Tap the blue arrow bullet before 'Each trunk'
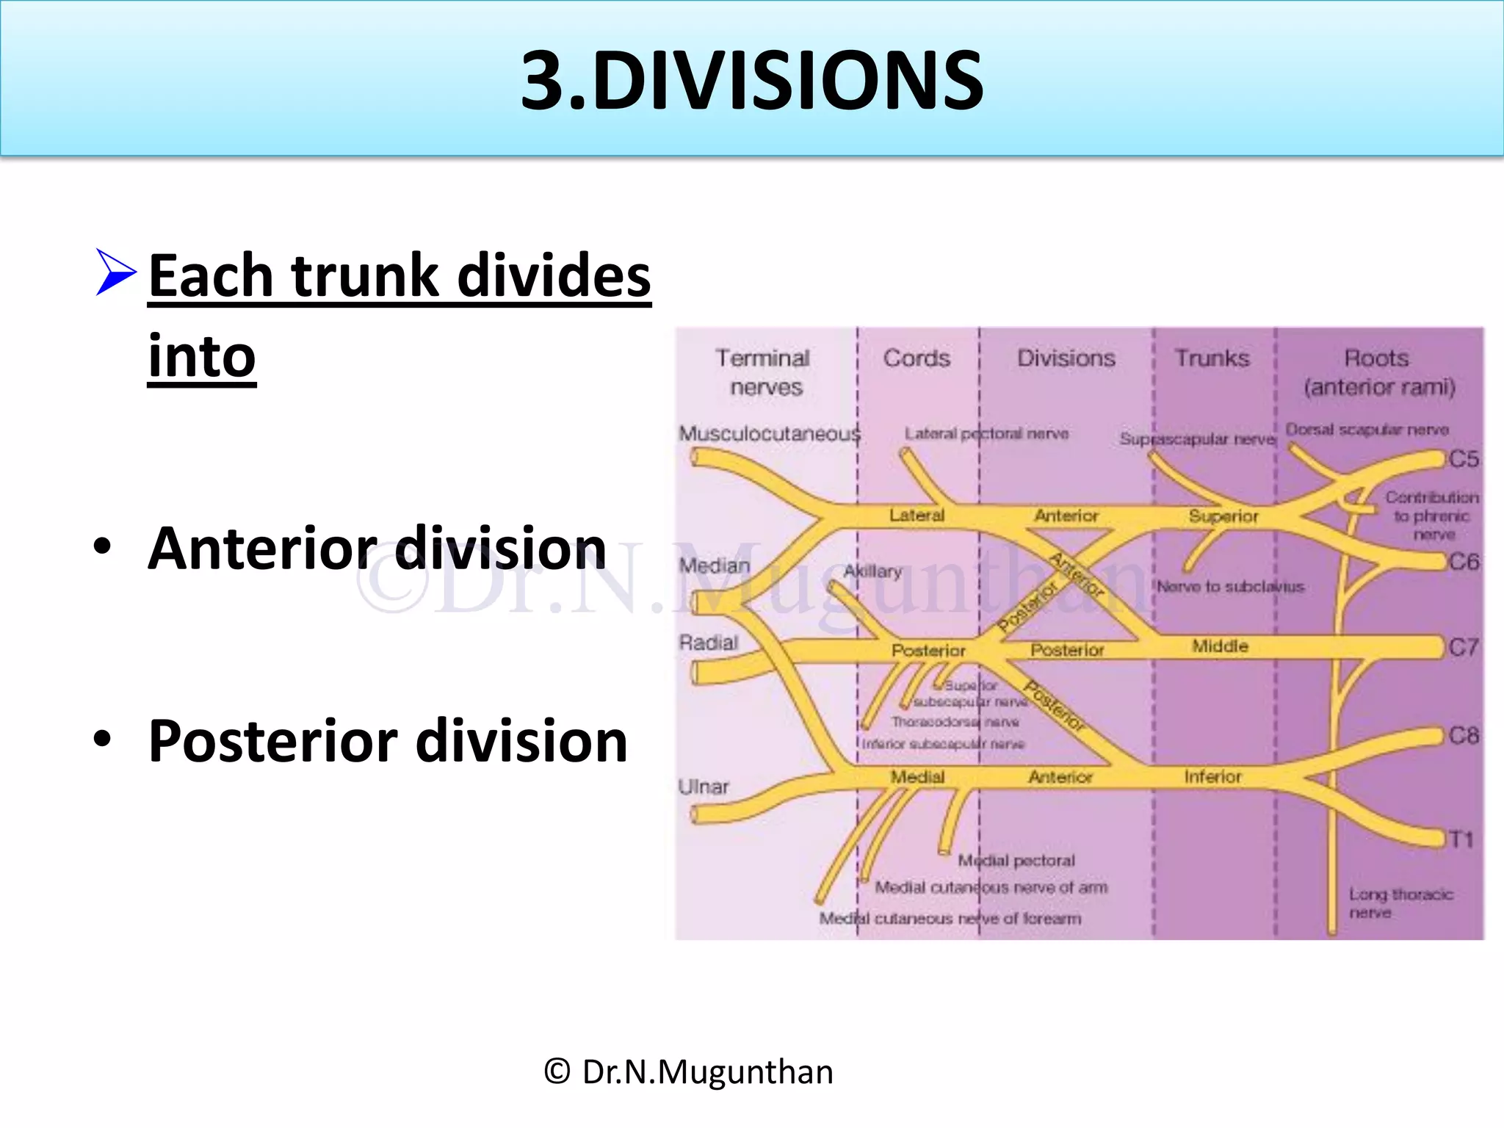point(115,272)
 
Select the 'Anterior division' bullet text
point(377,549)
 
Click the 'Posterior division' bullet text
point(388,741)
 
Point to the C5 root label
point(1463,459)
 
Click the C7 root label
point(1463,648)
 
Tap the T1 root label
point(1461,839)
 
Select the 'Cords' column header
point(916,358)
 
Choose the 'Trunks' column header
point(1212,358)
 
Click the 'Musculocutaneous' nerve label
point(769,434)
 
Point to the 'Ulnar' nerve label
point(703,787)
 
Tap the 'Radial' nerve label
point(708,643)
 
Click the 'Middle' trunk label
point(1220,646)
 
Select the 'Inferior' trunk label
point(1212,776)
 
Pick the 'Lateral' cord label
point(916,516)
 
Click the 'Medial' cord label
point(917,776)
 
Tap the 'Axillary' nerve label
point(872,571)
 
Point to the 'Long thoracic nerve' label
point(1400,903)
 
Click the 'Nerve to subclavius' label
point(1230,586)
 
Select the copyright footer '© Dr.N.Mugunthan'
point(689,1072)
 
